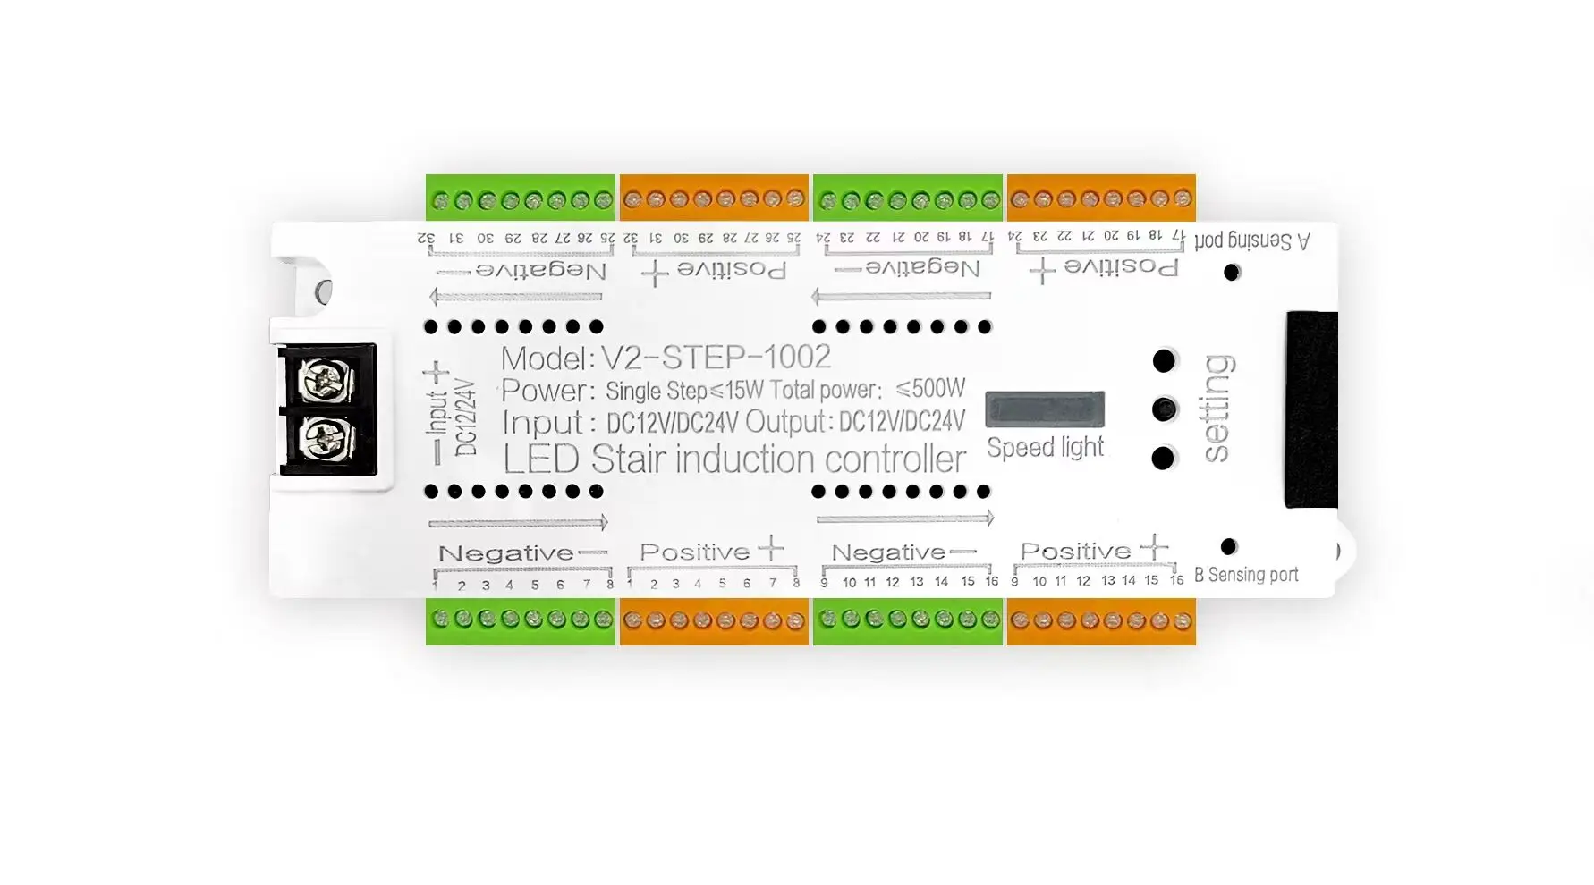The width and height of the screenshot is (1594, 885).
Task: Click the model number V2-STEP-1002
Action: click(x=715, y=358)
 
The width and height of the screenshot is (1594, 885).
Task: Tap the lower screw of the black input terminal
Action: click(x=321, y=439)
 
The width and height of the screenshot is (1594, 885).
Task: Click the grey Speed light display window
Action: click(x=1045, y=409)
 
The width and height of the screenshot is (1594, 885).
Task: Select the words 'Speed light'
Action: click(x=1045, y=447)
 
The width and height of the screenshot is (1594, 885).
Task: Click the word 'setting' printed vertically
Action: click(x=1217, y=409)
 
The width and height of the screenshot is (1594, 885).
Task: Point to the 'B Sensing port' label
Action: click(x=1246, y=575)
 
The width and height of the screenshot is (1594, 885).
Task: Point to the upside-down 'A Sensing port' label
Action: click(x=1251, y=240)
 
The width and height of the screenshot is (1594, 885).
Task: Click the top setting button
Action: click(x=1164, y=361)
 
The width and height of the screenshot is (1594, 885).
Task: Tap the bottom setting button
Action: click(x=1163, y=458)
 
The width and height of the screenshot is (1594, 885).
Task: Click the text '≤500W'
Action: click(x=930, y=389)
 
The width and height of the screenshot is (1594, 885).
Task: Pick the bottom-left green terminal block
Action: click(x=521, y=620)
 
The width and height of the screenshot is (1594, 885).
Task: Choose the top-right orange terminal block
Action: click(x=1101, y=198)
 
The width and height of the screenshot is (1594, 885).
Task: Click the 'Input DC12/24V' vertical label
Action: click(x=452, y=416)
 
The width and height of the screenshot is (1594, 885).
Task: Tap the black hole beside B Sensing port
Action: click(x=1229, y=546)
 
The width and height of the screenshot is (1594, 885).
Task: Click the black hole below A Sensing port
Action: click(x=1232, y=272)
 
